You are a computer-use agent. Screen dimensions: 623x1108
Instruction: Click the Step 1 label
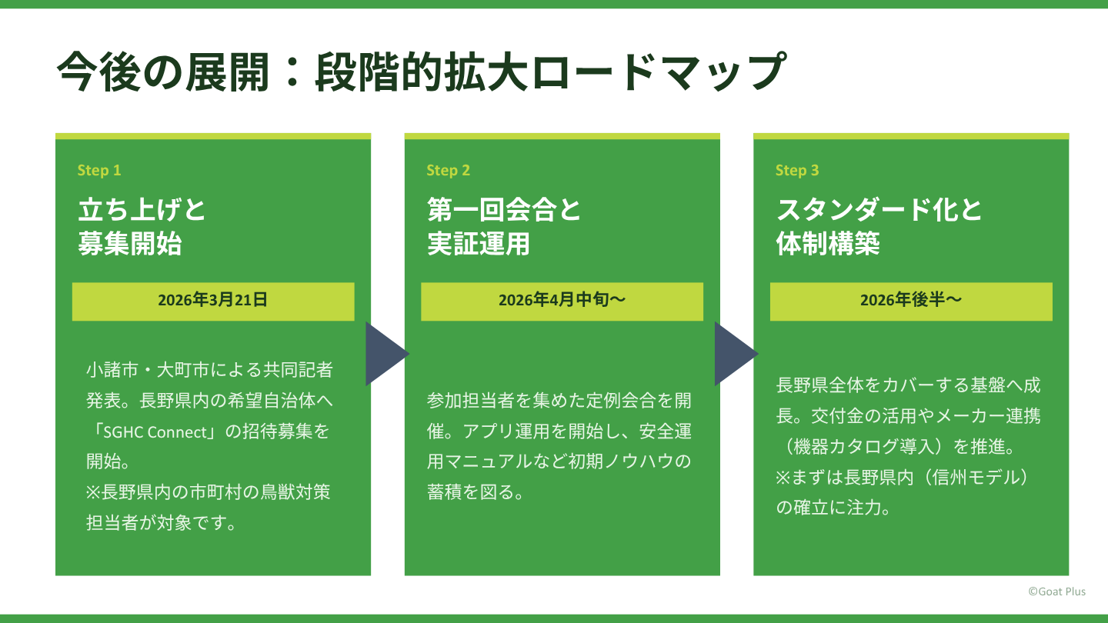(99, 170)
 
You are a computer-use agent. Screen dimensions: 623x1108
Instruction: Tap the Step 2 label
(448, 170)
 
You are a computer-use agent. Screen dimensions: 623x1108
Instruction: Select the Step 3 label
(797, 170)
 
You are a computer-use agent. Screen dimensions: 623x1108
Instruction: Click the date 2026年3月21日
(213, 301)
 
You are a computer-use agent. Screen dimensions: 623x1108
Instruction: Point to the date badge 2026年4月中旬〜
(562, 301)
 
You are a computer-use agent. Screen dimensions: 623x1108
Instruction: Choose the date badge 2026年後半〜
(911, 301)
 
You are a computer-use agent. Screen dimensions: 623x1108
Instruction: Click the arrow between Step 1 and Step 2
(385, 353)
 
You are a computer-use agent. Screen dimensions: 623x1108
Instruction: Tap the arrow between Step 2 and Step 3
(734, 353)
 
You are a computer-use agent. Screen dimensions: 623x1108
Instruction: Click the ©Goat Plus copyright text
(1056, 591)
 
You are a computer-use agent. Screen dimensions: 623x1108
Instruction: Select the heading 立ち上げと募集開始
(142, 226)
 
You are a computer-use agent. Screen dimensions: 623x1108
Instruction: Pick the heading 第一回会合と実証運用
(505, 226)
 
